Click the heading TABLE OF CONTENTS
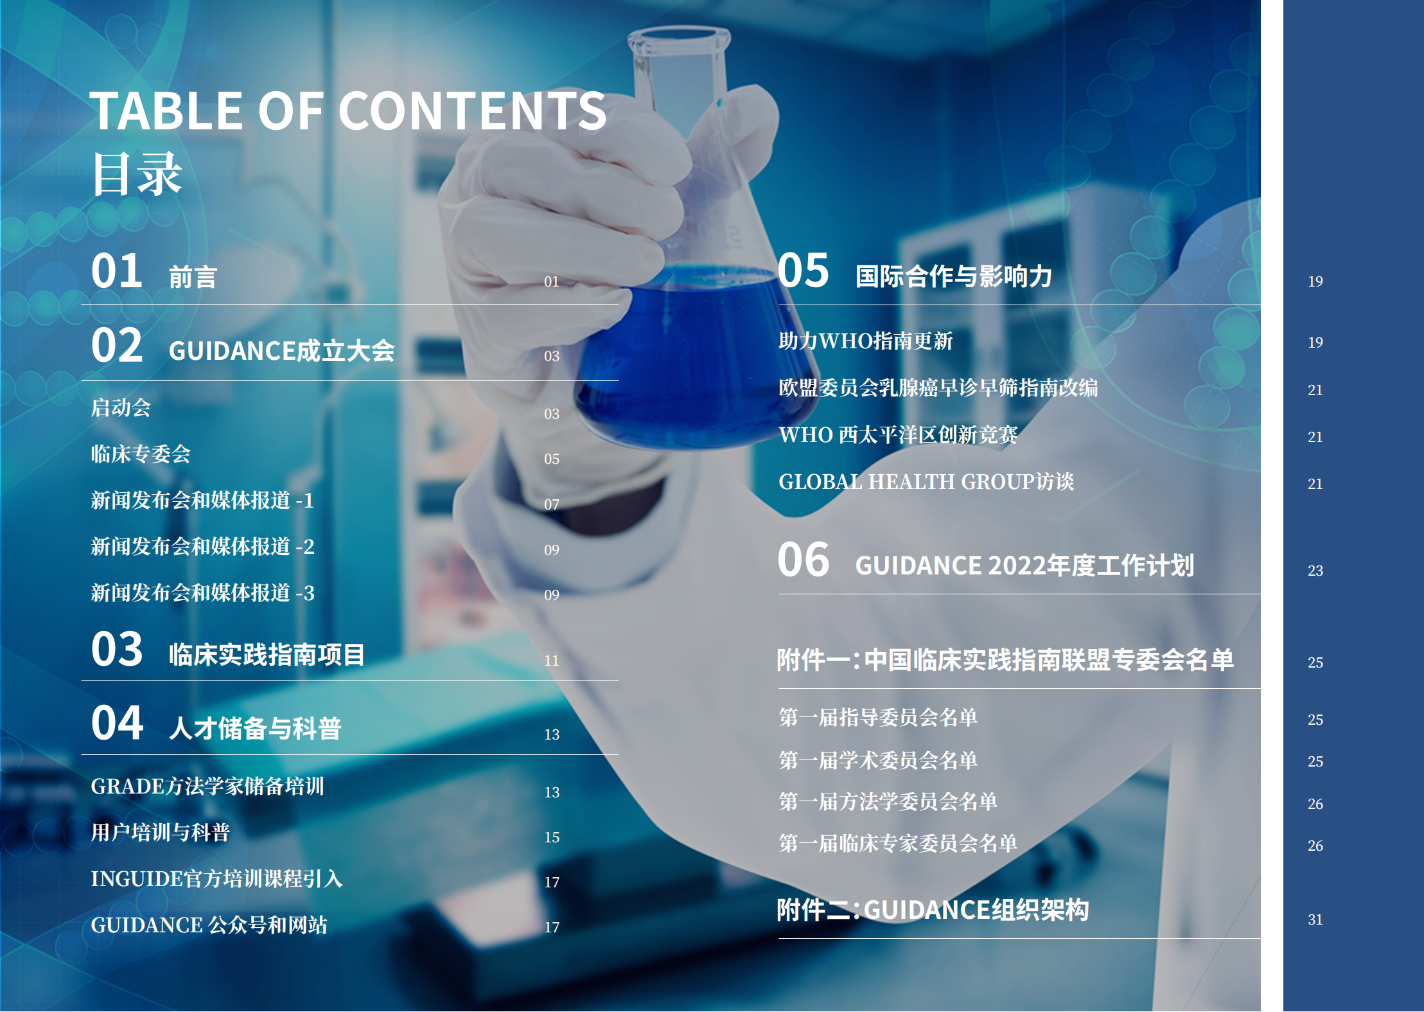347,111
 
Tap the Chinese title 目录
137,174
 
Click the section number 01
116,271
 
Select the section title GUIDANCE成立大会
281,351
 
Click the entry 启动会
121,407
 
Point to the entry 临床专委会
141,454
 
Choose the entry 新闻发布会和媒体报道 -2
202,546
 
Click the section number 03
116,649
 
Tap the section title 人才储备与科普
255,728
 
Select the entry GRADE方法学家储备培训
207,786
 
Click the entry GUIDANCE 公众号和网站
209,925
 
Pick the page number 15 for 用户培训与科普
552,837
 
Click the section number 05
803,270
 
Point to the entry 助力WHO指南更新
865,341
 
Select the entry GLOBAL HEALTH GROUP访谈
926,481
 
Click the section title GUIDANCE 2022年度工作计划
1024,565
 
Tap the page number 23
1315,571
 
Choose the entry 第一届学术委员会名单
877,760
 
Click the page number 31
1315,919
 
